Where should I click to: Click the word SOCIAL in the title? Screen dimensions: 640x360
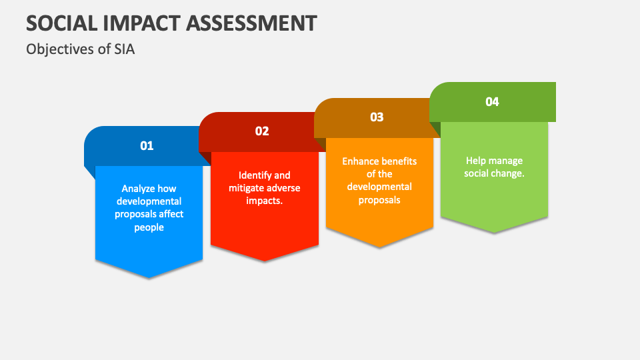pos(62,23)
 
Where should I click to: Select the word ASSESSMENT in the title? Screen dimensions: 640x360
pos(251,23)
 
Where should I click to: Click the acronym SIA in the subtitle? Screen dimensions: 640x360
pos(124,49)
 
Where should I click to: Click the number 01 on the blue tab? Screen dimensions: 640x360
pos(147,146)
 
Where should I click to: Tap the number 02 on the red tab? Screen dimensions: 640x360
pos(262,131)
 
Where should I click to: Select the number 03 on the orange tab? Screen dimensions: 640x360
pos(377,117)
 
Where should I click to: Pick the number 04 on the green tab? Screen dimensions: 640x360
pos(492,101)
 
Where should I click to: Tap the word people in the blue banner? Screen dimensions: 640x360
pos(149,228)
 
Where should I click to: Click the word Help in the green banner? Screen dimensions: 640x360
pos(475,161)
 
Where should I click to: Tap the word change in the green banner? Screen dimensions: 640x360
pos(509,173)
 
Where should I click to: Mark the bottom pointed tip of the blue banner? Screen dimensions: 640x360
pos(149,279)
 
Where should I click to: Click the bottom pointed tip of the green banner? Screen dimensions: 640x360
pos(494,233)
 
